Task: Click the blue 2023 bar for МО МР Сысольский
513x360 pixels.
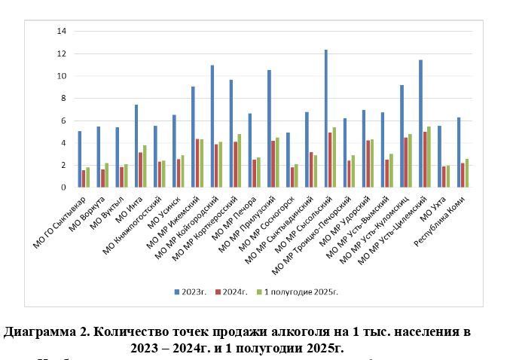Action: [325, 118]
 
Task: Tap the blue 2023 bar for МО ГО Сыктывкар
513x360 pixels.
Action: [80, 159]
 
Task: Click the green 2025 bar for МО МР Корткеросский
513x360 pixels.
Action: [240, 160]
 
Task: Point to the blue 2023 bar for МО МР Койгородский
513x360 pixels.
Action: [212, 126]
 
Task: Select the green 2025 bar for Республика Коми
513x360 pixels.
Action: [466, 172]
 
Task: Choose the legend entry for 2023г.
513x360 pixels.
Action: [186, 289]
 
